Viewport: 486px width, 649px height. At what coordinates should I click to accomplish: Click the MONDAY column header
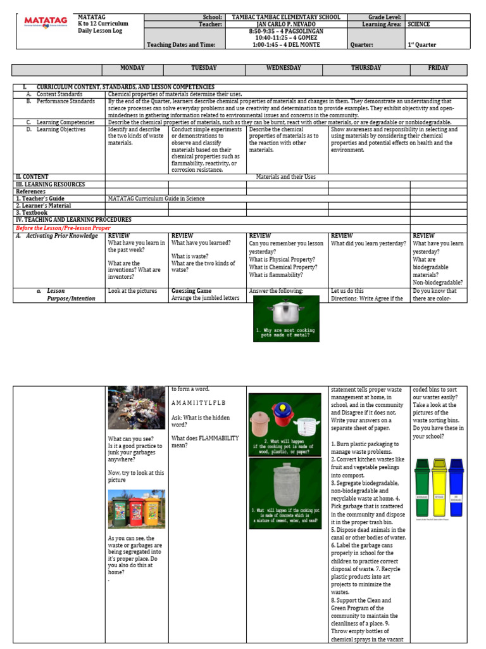tap(132, 68)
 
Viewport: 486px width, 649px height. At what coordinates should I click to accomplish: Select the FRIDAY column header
tap(438, 68)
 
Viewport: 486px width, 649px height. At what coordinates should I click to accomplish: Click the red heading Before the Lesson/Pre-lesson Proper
tap(63, 228)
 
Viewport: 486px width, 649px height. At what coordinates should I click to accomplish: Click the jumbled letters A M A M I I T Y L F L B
tap(198, 402)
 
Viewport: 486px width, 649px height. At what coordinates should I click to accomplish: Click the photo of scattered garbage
tap(137, 408)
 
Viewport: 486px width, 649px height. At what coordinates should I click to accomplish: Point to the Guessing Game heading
tap(191, 291)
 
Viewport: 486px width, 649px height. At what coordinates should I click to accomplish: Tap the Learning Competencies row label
tap(65, 122)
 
